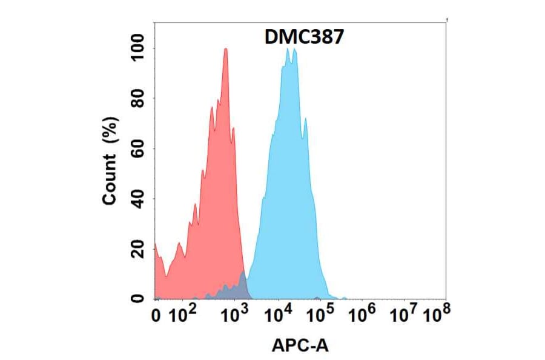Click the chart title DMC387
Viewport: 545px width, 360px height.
(x=305, y=37)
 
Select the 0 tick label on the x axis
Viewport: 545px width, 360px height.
(x=157, y=316)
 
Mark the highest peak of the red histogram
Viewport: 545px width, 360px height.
(x=226, y=49)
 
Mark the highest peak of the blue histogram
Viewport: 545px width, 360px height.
(x=287, y=49)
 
